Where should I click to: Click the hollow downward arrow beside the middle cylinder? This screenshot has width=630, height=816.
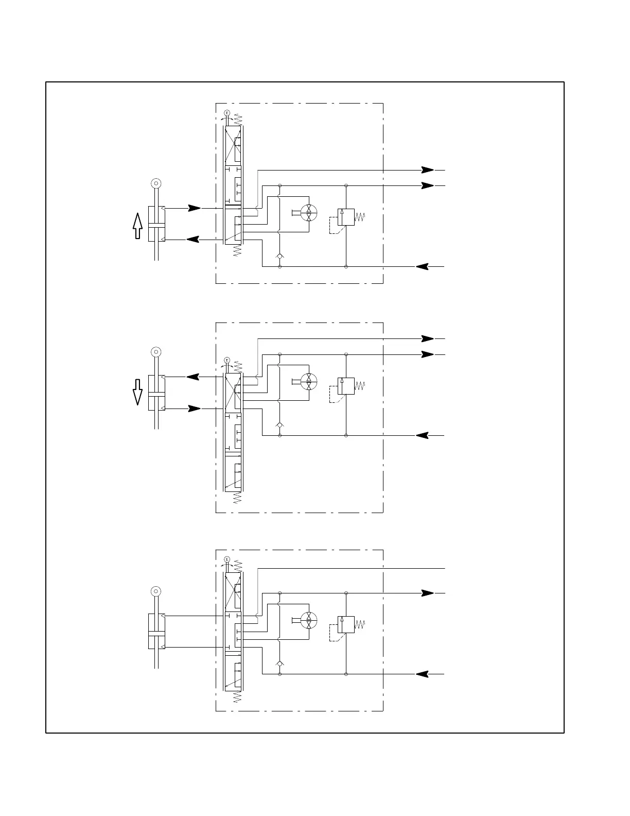pos(137,392)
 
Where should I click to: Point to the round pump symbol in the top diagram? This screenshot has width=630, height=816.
pos(308,212)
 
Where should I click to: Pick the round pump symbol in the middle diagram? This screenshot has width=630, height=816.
pos(308,381)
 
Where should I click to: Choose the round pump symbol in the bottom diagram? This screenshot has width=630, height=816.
pos(308,619)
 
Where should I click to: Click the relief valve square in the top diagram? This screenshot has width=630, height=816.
pos(346,217)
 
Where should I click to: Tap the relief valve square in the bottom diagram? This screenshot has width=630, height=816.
pos(346,624)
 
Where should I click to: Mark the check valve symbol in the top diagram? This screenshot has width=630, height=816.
pos(279,256)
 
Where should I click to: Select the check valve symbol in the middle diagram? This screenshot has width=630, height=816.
pos(279,424)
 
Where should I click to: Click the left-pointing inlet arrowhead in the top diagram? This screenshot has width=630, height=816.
pos(422,266)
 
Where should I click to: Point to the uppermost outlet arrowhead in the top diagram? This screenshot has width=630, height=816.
pos(427,169)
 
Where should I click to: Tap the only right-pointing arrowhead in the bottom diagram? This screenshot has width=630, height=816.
pos(427,593)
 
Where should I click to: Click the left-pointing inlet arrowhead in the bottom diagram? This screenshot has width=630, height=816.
pos(422,674)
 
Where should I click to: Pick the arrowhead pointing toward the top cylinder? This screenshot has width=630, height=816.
pos(193,240)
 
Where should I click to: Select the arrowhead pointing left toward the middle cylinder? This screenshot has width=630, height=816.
pos(193,377)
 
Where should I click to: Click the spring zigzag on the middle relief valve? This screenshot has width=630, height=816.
pos(360,386)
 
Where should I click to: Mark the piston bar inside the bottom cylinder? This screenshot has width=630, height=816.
pos(156,633)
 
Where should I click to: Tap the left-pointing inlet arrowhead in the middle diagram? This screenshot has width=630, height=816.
pos(422,435)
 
